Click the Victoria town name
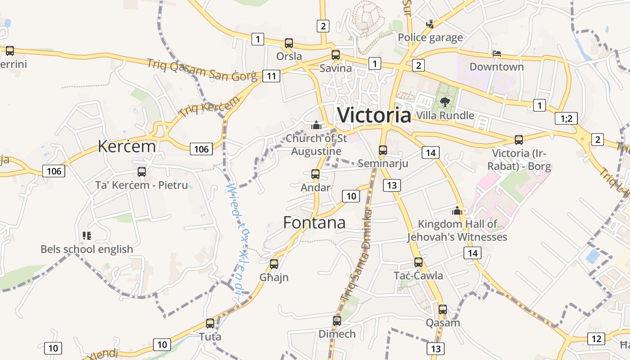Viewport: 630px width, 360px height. pyautogui.click(x=374, y=115)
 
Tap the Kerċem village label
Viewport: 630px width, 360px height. pyautogui.click(x=127, y=146)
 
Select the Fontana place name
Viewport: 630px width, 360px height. pyautogui.click(x=314, y=222)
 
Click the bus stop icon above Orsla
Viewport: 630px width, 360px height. pyautogui.click(x=289, y=43)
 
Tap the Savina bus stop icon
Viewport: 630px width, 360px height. pyautogui.click(x=336, y=55)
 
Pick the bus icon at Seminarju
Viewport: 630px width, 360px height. pyautogui.click(x=383, y=150)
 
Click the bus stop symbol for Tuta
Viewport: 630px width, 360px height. pyautogui.click(x=210, y=324)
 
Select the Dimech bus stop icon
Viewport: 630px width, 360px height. pyautogui.click(x=337, y=321)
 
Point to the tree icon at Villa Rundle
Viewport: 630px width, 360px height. pyautogui.click(x=445, y=102)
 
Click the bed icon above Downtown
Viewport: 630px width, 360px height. pyautogui.click(x=497, y=54)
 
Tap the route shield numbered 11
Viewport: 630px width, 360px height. pyautogui.click(x=271, y=76)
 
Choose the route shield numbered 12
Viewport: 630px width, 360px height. pyautogui.click(x=597, y=338)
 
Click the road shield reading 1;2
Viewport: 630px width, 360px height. pyautogui.click(x=566, y=118)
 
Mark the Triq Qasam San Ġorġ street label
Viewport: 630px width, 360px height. pyautogui.click(x=201, y=70)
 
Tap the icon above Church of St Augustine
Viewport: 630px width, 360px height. pyautogui.click(x=316, y=125)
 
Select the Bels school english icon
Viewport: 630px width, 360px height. pyautogui.click(x=87, y=235)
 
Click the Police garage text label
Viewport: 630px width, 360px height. pyautogui.click(x=430, y=37)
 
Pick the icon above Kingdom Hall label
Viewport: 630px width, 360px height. pyautogui.click(x=458, y=211)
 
